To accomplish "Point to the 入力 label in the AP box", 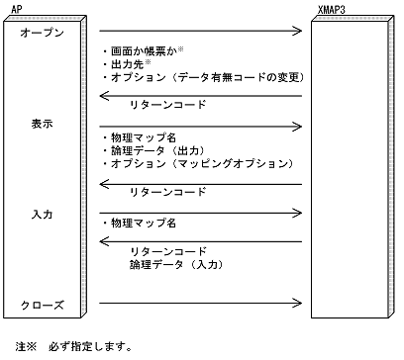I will click(x=43, y=213).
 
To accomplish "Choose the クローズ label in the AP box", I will click(x=43, y=305).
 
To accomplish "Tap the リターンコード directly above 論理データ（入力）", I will click(x=168, y=251).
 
